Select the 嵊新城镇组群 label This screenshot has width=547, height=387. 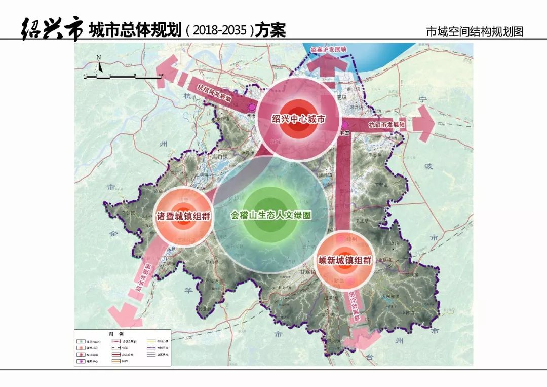(x=345, y=261)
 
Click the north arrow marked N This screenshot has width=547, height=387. (x=99, y=64)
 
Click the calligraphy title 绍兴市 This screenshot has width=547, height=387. (x=51, y=29)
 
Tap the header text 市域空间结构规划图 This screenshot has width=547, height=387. (x=475, y=31)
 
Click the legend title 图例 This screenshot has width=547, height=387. (x=116, y=334)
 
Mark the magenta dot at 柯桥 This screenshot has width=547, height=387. (x=252, y=107)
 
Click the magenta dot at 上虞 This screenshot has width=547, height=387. (x=345, y=125)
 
